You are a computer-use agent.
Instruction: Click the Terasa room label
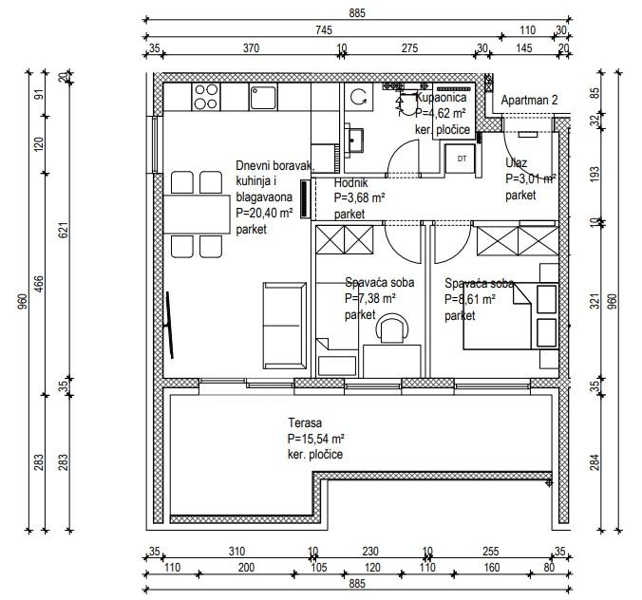(305, 422)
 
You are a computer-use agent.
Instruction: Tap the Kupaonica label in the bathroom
(441, 98)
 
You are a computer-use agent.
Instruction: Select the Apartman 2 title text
(529, 101)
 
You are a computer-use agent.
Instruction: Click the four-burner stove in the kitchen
(205, 97)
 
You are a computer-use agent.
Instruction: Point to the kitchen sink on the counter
(263, 97)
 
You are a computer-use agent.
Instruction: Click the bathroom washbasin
(354, 141)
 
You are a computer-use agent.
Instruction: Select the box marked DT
(462, 159)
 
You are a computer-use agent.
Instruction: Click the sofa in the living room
(285, 326)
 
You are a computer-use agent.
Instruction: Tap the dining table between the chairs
(197, 214)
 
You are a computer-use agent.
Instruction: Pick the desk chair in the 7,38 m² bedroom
(392, 328)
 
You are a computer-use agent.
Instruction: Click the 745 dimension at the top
(324, 30)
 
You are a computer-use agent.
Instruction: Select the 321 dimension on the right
(595, 301)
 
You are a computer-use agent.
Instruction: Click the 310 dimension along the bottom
(236, 552)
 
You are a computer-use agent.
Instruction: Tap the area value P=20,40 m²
(265, 213)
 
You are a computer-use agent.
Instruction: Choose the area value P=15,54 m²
(315, 439)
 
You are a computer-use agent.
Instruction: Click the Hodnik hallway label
(350, 182)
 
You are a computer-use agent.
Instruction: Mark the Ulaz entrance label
(516, 163)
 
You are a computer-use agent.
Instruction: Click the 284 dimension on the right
(595, 462)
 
